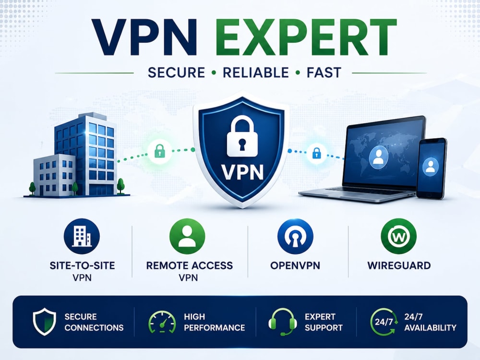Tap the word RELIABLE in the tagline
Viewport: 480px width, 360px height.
(256, 73)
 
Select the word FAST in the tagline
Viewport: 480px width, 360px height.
(324, 73)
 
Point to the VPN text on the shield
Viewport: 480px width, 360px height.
(242, 172)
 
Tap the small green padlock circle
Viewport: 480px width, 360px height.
(159, 151)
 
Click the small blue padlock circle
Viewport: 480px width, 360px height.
(316, 153)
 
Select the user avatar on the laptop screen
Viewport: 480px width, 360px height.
(379, 157)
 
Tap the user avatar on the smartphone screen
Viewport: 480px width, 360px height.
(431, 167)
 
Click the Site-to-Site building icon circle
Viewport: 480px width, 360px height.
(82, 236)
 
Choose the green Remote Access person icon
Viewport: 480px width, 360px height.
(187, 236)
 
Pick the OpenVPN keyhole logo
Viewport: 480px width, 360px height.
(295, 236)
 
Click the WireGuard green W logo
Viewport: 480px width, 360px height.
(398, 236)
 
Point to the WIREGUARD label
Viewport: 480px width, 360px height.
(399, 265)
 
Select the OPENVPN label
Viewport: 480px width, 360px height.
(295, 265)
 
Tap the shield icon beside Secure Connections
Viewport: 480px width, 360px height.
(44, 322)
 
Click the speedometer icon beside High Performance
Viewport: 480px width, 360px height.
(162, 322)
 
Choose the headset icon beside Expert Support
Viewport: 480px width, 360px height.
(283, 322)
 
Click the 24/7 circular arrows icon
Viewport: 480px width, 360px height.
(384, 322)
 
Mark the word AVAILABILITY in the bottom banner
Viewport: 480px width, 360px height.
(430, 328)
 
